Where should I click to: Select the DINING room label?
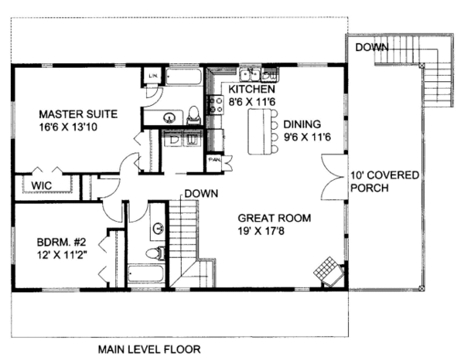coord(302,124)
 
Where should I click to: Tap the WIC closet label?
coord(42,185)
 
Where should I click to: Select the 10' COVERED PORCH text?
coord(384,182)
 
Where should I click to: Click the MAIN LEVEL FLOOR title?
coord(148,349)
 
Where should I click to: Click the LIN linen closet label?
coord(152,76)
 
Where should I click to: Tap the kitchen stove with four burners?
coord(214,104)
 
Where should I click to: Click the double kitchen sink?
coord(250,75)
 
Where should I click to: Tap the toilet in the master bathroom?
coord(193,116)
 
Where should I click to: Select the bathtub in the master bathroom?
coord(184,79)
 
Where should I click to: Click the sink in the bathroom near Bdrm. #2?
coord(159,229)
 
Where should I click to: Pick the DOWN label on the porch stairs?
coord(371,48)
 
